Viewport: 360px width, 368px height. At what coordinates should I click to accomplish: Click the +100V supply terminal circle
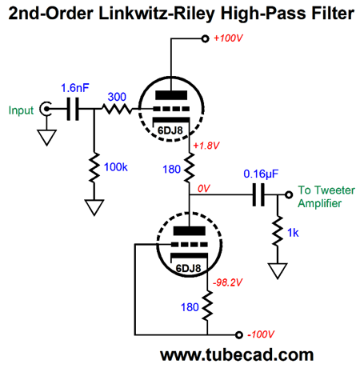coord(205,39)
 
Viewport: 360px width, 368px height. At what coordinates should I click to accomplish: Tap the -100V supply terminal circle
coord(239,334)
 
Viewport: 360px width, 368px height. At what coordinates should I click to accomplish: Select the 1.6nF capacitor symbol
coord(73,109)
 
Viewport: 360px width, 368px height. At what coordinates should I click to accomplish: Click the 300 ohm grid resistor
coord(117,109)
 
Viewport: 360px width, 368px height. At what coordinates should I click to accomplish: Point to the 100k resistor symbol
coord(94,168)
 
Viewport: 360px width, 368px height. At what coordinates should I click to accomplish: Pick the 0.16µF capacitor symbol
coord(258,195)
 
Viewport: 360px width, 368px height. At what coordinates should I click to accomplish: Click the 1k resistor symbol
coord(278,231)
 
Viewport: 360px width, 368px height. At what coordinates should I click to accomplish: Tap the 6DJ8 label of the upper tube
coord(170,130)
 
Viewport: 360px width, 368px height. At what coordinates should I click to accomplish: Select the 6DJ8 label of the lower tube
coord(188,268)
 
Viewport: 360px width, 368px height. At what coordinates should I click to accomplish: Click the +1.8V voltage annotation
coord(206,146)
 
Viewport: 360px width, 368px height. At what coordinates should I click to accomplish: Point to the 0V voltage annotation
coord(204,189)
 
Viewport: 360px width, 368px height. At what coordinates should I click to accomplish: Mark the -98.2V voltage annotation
coord(227,282)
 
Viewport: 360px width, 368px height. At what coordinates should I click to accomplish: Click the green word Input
coord(21,110)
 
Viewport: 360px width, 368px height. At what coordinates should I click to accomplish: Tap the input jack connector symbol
coord(46,109)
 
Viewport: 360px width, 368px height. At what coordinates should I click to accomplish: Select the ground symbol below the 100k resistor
coord(94,207)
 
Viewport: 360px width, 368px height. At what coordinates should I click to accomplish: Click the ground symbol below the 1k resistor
coord(278,271)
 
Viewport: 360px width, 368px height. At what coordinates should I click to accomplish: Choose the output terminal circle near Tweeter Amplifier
coord(289,195)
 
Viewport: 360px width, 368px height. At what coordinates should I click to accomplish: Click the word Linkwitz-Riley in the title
coord(156,14)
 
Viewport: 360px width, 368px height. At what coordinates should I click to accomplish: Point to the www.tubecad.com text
coord(237,355)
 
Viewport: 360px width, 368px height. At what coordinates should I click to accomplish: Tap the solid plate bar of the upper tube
coord(171,95)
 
